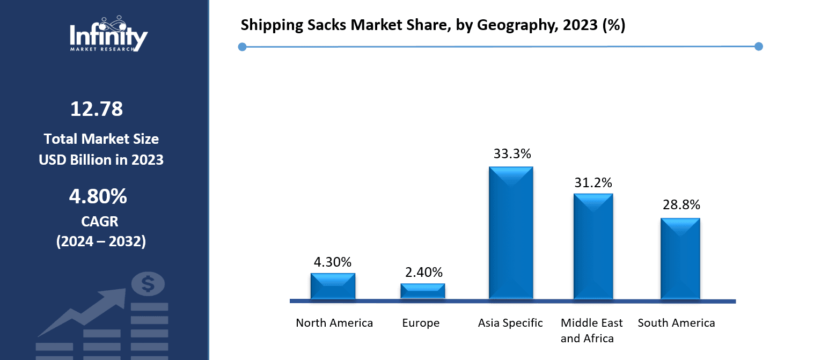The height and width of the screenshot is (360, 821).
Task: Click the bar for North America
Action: pos(333,286)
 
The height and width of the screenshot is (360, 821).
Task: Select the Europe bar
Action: pos(423,291)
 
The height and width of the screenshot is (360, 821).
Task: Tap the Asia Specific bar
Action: pos(511,233)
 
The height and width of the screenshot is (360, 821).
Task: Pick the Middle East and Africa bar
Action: pos(593,246)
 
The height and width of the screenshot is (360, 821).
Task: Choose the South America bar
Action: pos(680,259)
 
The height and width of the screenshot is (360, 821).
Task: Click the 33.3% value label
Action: pos(512,154)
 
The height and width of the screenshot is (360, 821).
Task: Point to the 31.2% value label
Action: pos(593,183)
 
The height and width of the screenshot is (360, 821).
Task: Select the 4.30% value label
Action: pos(333,262)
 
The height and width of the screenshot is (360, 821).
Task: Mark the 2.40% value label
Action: pos(424,272)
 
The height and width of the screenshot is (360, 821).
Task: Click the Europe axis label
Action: pos(421,323)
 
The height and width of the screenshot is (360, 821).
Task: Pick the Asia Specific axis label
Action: pos(510,323)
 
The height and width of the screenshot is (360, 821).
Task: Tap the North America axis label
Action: pos(334,323)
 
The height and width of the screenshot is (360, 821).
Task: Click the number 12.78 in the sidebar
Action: pos(97,109)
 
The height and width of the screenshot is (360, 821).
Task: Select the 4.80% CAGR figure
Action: pos(98,196)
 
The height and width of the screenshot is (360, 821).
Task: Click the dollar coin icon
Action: pos(148,284)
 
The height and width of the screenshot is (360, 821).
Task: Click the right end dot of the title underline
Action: pos(758,47)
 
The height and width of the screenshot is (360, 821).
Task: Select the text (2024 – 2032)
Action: pos(101,241)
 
